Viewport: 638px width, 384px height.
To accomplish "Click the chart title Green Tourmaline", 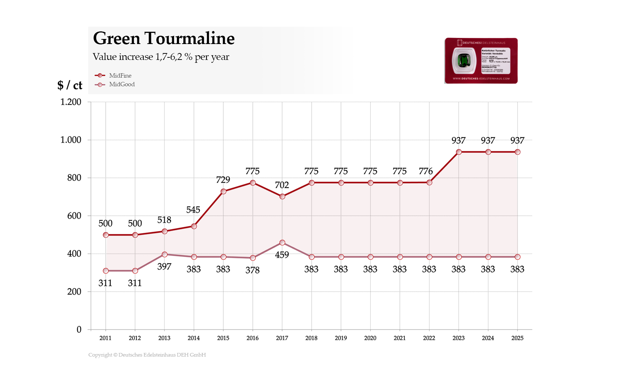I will tap(164, 38).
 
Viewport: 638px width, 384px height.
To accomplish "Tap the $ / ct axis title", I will tap(70, 85).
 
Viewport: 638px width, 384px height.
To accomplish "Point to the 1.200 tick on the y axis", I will tap(71, 102).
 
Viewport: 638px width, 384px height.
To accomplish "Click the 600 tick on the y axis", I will tap(74, 216).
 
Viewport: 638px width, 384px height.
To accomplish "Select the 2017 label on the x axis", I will tap(282, 338).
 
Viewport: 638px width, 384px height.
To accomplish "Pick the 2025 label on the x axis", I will tap(517, 338).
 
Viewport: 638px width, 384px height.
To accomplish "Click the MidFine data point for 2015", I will tap(223, 191).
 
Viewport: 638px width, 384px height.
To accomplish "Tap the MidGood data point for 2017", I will tap(282, 243).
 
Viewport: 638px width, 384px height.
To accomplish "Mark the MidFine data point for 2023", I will tap(459, 152).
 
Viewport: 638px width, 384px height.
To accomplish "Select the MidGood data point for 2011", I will tap(106, 271).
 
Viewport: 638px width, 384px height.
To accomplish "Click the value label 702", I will tap(282, 185).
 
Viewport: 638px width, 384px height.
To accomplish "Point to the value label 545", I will tap(193, 210).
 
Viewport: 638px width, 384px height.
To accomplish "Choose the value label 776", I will tap(426, 171).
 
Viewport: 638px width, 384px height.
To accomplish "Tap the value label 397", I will tap(164, 266).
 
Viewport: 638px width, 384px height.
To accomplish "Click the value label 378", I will tap(253, 270).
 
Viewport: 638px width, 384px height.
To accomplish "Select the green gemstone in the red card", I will tap(464, 61).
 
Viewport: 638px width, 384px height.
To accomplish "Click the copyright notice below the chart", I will tap(147, 355).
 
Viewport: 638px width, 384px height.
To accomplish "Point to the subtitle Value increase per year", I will tap(161, 57).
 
